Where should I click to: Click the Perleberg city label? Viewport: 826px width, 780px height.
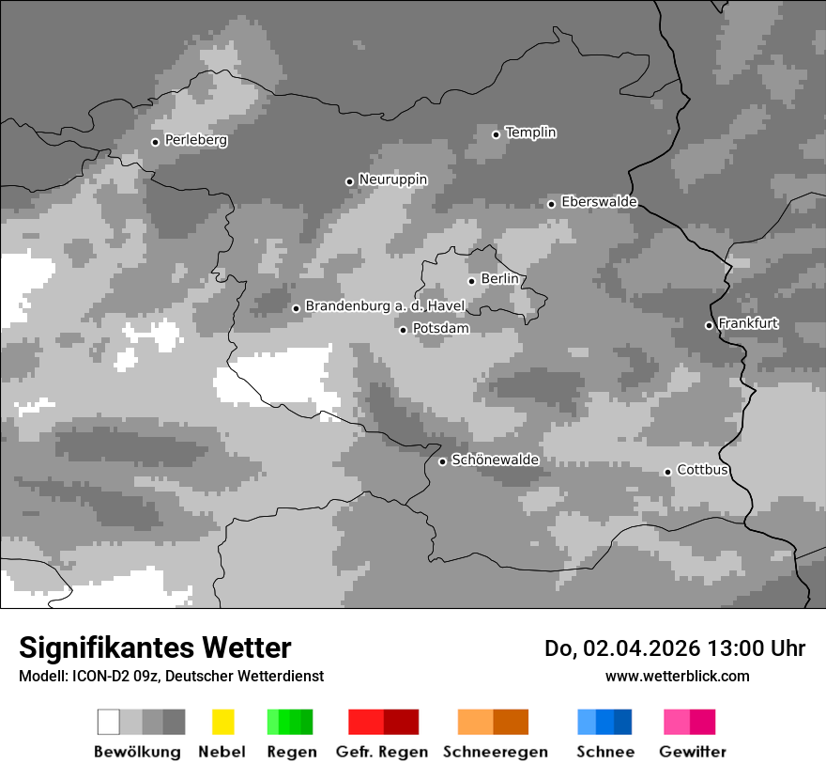click(195, 140)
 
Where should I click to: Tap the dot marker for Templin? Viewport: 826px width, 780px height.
click(496, 134)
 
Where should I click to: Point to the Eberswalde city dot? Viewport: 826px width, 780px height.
click(551, 204)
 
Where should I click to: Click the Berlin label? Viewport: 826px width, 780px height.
click(498, 279)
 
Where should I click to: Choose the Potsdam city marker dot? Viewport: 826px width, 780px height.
click(403, 330)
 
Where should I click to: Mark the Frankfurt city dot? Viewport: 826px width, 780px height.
click(709, 325)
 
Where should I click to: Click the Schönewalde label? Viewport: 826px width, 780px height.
click(495, 460)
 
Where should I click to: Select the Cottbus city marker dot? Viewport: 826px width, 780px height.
click(667, 472)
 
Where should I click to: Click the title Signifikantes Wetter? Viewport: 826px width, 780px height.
click(155, 647)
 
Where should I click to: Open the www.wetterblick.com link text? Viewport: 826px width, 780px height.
click(677, 676)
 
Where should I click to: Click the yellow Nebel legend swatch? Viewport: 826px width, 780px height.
click(222, 722)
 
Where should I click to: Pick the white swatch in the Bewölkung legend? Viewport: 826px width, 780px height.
click(108, 722)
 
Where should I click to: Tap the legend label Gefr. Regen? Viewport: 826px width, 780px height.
click(381, 752)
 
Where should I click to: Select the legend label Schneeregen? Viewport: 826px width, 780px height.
click(495, 752)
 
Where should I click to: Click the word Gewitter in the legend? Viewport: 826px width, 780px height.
click(692, 752)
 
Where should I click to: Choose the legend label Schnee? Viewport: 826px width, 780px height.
click(604, 752)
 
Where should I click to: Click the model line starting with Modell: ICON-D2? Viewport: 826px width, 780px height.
click(171, 676)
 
